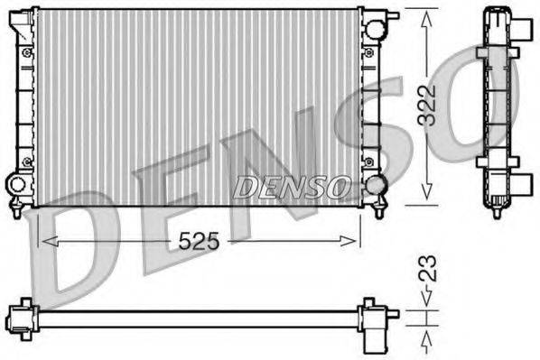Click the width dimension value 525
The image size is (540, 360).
pyautogui.click(x=200, y=240)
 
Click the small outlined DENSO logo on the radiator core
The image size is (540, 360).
pyautogui.click(x=292, y=187)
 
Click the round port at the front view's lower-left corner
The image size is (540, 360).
pyautogui.click(x=17, y=184)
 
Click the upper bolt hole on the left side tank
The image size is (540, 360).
pyautogui.click(x=27, y=51)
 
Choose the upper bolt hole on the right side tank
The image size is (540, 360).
pyautogui.click(x=367, y=51)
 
